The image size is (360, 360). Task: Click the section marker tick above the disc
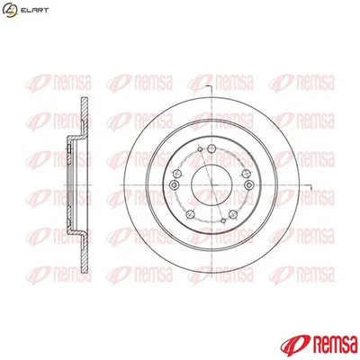tap(208, 84)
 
